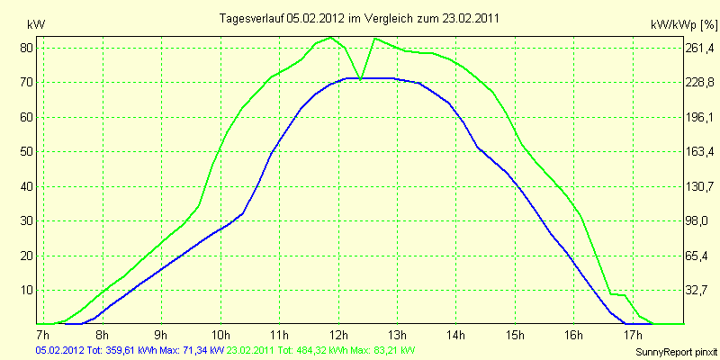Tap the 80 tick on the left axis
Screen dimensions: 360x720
pyautogui.click(x=27, y=48)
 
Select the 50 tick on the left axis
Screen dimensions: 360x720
pyautogui.click(x=27, y=151)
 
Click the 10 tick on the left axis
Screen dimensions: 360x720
pyautogui.click(x=27, y=290)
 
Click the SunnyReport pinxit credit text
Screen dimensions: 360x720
pyautogui.click(x=676, y=350)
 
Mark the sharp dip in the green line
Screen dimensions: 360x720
pyautogui.click(x=362, y=79)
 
